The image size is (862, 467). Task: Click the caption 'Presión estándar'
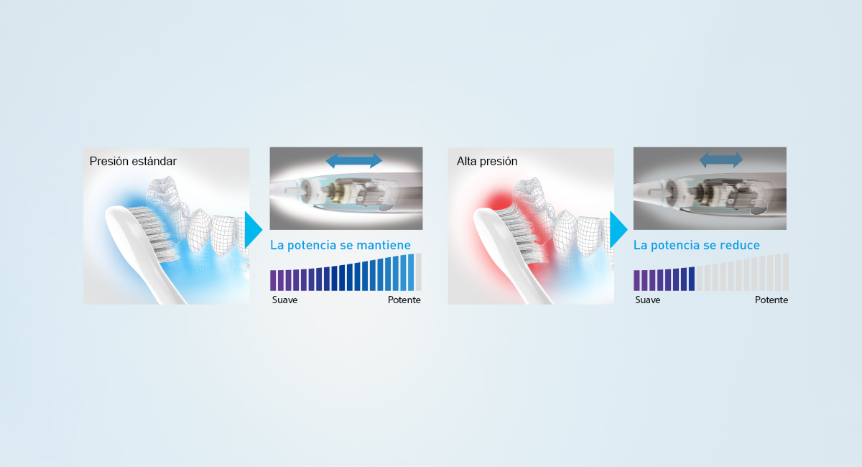132,162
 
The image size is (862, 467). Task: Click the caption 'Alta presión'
486,162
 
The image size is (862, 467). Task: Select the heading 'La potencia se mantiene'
340,245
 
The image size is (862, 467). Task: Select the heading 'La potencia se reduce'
696,245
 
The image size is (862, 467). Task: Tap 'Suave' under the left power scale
284,300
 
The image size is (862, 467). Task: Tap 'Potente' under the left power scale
404,300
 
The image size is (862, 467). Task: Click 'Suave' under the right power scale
647,300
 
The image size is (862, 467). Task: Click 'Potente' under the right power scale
771,300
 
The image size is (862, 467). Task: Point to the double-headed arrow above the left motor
354,160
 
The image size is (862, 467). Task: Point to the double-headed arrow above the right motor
721,159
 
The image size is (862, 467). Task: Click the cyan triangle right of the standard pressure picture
253,230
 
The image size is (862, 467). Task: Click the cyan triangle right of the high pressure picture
617,230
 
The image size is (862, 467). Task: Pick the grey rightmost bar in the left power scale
418,272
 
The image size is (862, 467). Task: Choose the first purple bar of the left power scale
273,280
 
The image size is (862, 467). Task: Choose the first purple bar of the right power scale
637,280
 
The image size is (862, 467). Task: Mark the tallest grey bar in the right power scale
785,272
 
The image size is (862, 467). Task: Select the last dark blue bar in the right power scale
692,279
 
